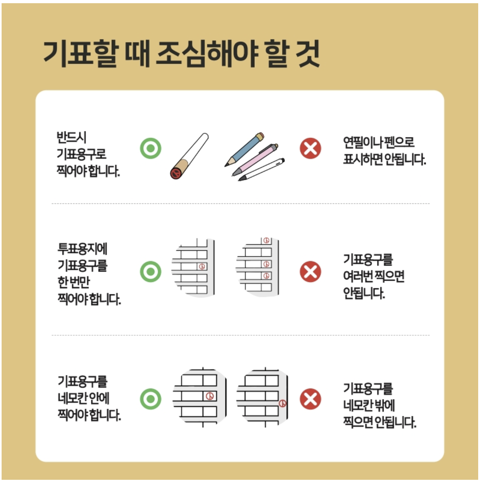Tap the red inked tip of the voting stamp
175,173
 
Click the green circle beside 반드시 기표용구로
151,149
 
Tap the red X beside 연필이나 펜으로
310,149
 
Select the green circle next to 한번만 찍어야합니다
151,272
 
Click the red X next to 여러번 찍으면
310,272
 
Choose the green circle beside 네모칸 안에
151,399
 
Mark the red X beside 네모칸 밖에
310,399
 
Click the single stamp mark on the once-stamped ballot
202,266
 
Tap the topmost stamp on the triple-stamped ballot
266,241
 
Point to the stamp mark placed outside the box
283,403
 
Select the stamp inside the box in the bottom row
209,396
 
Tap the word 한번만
74,282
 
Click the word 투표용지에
83,249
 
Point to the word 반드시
71,137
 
